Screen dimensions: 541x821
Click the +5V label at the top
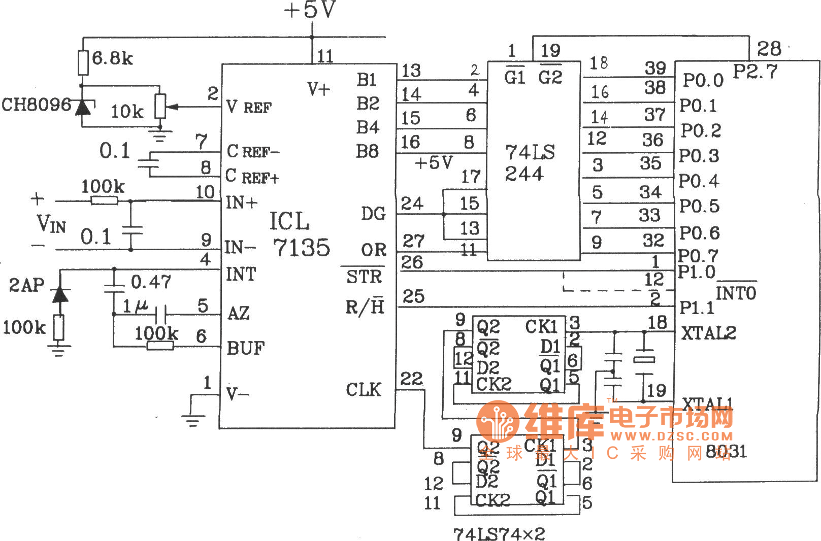pos(310,11)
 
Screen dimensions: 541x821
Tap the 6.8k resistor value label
pos(113,58)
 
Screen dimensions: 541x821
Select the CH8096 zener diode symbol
pos(83,107)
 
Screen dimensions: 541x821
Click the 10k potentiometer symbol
pos(160,106)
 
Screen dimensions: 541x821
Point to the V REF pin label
pos(249,107)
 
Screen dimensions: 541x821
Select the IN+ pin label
pos(242,202)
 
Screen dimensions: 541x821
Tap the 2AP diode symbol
pos(60,293)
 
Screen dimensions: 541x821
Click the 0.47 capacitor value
pos(151,282)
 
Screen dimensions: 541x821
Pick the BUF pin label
pos(245,348)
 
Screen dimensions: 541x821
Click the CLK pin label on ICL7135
pos(364,390)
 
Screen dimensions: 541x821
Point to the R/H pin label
pos(365,307)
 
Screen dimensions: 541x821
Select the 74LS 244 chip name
pos(529,163)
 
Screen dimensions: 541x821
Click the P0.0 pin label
pos(703,80)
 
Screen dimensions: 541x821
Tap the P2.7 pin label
pos(755,72)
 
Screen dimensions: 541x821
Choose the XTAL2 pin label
pos(708,333)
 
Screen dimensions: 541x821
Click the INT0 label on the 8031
pos(736,292)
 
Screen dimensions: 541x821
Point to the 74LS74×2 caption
pos(499,533)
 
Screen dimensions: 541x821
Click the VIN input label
pos(51,223)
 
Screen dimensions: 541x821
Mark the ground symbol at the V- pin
pos(192,419)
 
